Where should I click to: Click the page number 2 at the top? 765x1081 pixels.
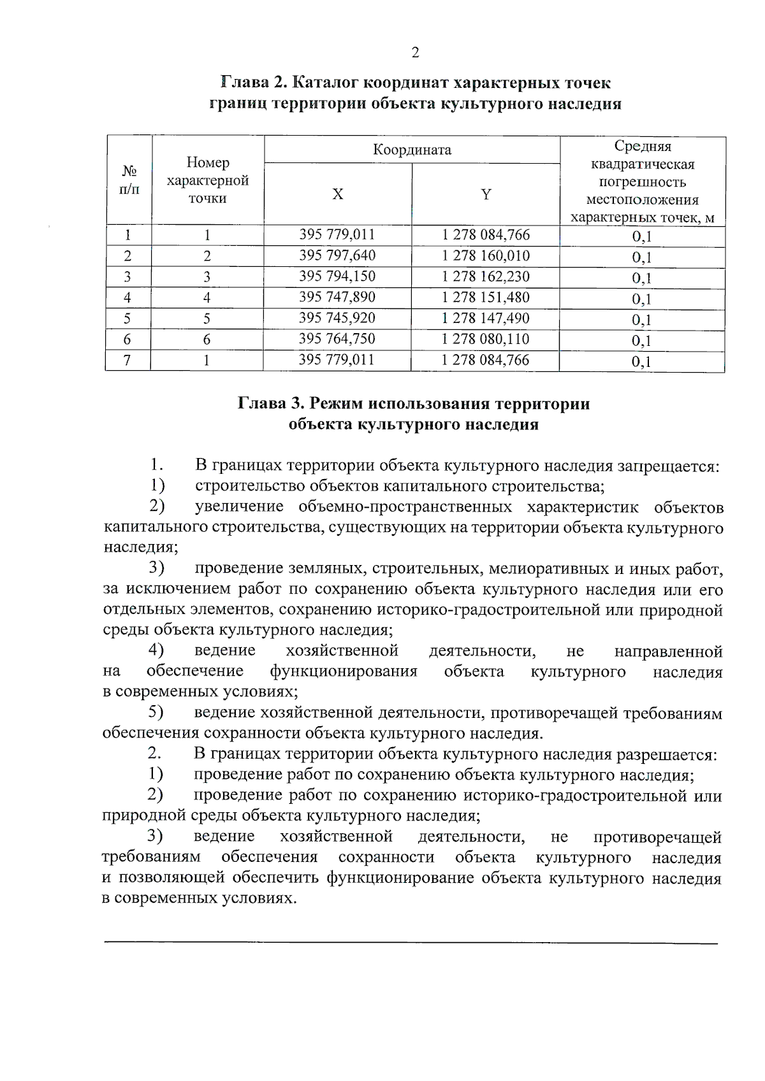point(415,53)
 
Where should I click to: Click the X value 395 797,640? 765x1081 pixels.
point(337,255)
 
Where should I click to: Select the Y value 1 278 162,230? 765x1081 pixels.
point(486,276)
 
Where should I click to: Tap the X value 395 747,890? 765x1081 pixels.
point(337,297)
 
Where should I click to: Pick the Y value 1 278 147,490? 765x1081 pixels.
point(486,318)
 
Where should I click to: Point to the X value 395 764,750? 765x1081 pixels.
point(337,339)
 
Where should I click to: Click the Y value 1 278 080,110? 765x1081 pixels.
point(486,339)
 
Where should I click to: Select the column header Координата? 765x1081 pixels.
point(412,150)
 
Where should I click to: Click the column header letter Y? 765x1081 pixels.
point(486,194)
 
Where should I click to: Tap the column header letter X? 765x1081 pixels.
point(337,194)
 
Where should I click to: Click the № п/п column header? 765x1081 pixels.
point(129,180)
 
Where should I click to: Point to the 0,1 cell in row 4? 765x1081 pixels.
point(641,299)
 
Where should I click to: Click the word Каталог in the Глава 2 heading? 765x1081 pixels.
point(326,83)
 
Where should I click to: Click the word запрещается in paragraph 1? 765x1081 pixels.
point(667,466)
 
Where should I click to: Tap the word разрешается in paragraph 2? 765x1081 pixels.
point(666,755)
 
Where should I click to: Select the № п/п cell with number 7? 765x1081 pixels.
point(127,360)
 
